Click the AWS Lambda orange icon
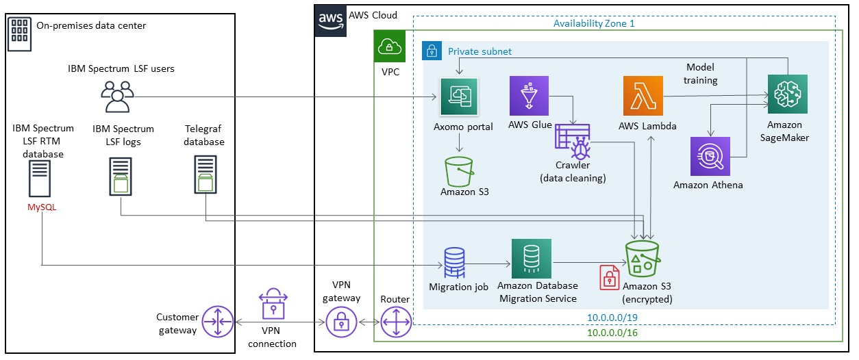(x=643, y=96)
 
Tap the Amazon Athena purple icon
(x=710, y=157)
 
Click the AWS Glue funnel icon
(x=530, y=96)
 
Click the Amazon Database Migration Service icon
(x=531, y=258)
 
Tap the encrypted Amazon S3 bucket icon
(x=642, y=258)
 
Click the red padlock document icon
(x=609, y=277)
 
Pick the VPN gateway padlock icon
(x=341, y=322)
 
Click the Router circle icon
(x=395, y=322)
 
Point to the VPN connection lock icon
(x=273, y=304)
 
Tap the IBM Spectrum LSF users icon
(x=117, y=97)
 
